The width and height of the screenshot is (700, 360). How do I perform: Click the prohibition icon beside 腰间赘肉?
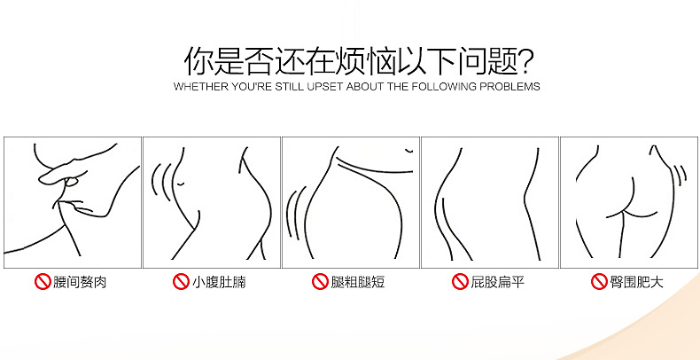click(43, 282)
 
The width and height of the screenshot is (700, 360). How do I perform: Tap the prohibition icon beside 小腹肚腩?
click(181, 282)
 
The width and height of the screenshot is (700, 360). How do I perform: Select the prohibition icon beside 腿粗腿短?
click(320, 282)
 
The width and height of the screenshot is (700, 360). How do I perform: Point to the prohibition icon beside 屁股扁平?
click(460, 282)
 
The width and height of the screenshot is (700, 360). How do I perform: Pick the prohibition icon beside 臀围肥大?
click(599, 282)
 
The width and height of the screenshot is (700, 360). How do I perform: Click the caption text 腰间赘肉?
click(80, 282)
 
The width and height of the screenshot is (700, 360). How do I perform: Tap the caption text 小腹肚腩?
click(219, 282)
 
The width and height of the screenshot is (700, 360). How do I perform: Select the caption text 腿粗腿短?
click(358, 282)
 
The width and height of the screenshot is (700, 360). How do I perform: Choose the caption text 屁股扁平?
click(497, 282)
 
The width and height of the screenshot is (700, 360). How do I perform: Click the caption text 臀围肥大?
click(636, 282)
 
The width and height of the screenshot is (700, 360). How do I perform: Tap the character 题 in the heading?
click(502, 61)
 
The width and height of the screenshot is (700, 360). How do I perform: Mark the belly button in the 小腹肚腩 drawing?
click(181, 184)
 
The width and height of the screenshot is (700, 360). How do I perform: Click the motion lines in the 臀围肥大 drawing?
click(680, 174)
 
